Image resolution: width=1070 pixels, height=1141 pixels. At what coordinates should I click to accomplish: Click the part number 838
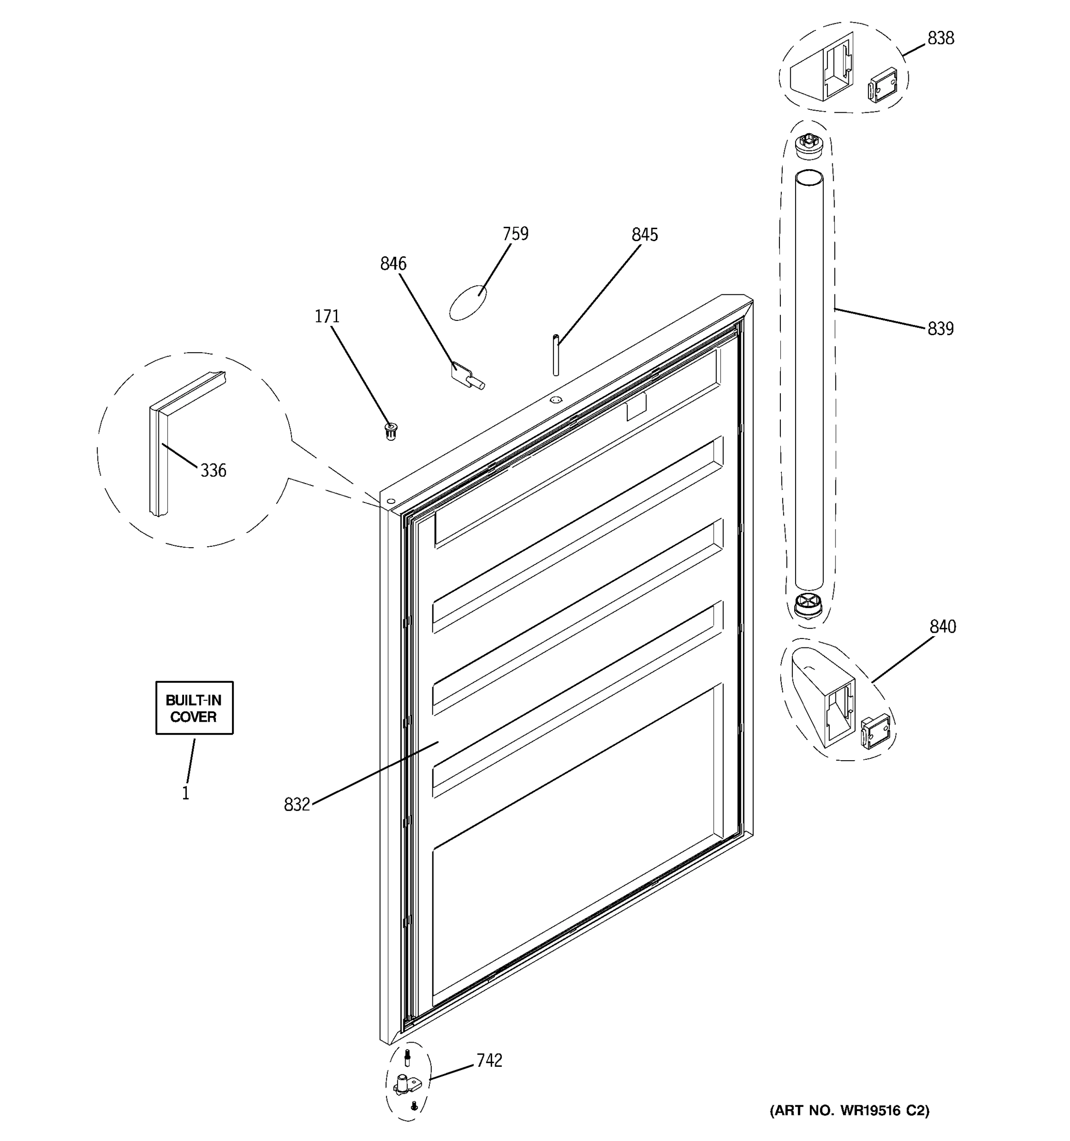pos(940,39)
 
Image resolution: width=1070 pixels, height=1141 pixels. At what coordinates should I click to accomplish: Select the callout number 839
pos(940,329)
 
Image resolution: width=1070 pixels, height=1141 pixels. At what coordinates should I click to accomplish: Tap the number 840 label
pos(943,627)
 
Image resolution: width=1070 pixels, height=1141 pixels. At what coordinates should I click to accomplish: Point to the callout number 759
pos(515,234)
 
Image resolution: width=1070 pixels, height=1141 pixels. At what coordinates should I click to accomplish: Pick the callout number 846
pos(393,264)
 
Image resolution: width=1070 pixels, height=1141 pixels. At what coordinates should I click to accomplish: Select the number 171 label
pos(327,316)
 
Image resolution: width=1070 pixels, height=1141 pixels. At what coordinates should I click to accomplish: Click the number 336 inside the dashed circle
pos(213,471)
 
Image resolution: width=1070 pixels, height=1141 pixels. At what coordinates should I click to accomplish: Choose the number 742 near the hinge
pos(489,1061)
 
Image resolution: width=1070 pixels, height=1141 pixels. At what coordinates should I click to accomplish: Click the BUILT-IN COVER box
pos(194,708)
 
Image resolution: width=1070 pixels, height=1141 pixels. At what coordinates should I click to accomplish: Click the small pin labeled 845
pos(555,355)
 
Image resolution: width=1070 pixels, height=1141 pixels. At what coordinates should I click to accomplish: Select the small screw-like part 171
pos(391,430)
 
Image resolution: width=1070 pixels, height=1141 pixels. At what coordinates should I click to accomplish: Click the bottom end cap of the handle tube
pos(808,607)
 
